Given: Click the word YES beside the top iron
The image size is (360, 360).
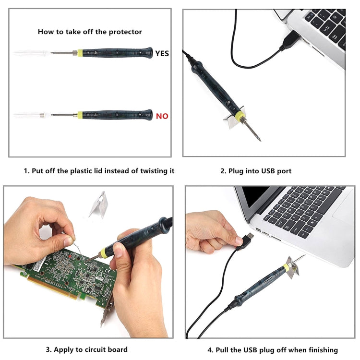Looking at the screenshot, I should click(x=162, y=53).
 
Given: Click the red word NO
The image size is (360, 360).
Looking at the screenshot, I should click(x=162, y=116).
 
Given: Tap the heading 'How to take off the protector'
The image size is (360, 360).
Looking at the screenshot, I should click(x=90, y=32).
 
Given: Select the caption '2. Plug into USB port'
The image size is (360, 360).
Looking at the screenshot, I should click(x=255, y=171).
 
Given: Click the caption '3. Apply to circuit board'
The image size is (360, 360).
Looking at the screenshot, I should click(x=86, y=349).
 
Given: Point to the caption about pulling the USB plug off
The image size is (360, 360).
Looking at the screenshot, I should click(x=272, y=349).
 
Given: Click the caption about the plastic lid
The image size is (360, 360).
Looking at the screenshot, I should click(x=99, y=171).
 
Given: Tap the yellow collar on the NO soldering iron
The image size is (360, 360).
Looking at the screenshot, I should click(x=81, y=115).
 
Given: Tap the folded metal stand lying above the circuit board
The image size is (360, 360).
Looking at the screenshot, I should click(x=98, y=204).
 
